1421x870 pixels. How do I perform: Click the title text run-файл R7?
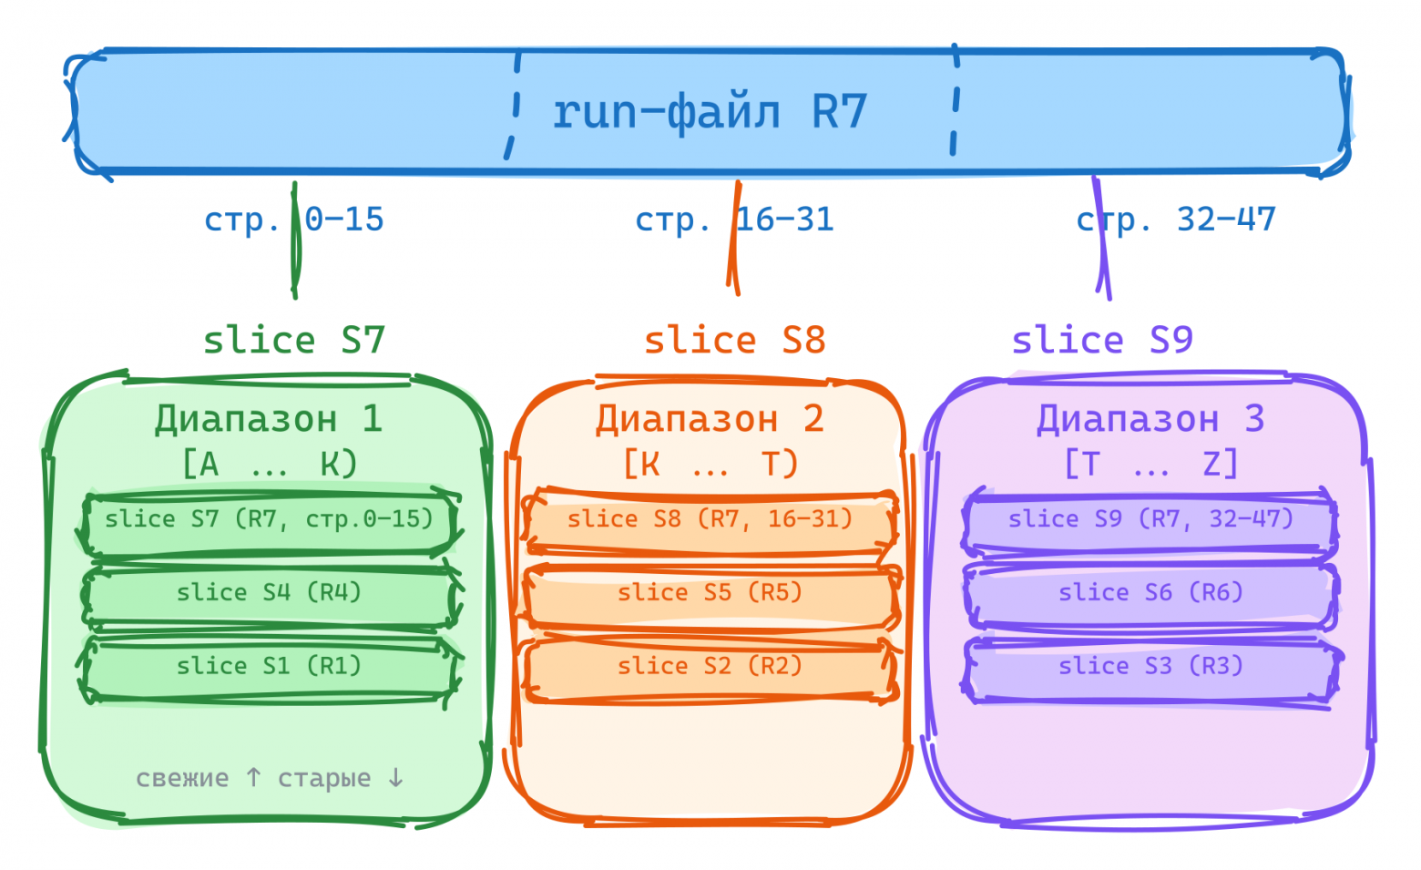coord(709,112)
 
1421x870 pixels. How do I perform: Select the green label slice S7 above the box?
coord(293,340)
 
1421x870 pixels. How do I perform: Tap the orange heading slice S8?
coord(734,340)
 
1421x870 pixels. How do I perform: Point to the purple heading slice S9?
coord(1101,340)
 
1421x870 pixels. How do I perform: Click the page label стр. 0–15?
coord(293,220)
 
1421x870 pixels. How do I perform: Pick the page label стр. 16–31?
coord(734,220)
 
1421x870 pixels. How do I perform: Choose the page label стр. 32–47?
coord(1175,220)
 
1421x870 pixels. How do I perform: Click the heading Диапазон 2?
coord(710,419)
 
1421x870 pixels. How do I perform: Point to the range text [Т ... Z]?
coord(1150,464)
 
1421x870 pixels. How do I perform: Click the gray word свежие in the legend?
coord(182,779)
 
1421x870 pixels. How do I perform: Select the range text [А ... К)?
coord(270,464)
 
